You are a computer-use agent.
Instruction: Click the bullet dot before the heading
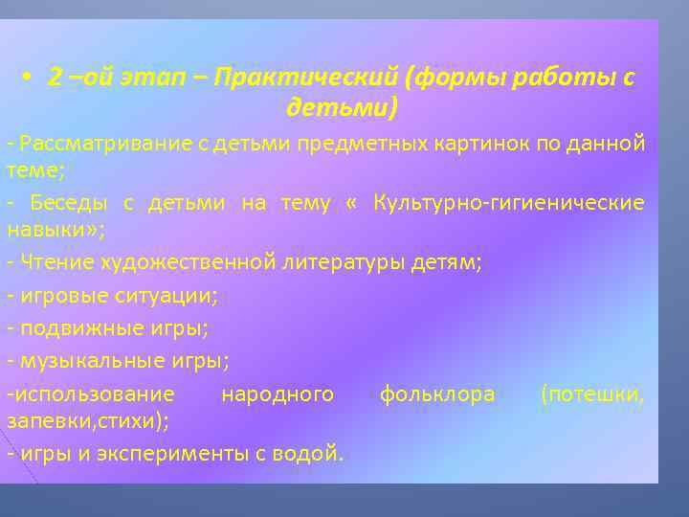coord(32,78)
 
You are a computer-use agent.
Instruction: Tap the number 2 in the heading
coord(54,78)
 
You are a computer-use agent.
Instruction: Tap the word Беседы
coord(70,203)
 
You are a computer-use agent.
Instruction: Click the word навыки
coord(48,231)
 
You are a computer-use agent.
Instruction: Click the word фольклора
coord(437,393)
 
